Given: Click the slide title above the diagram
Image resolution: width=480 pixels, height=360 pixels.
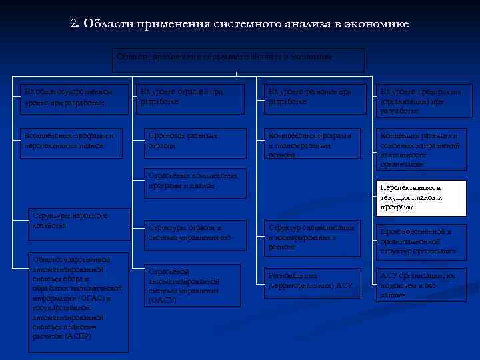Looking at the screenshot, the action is pyautogui.click(x=239, y=24).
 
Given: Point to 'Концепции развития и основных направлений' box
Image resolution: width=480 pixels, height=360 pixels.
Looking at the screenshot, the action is pyautogui.click(x=421, y=149).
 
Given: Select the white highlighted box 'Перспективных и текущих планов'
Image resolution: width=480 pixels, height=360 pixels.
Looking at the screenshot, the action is pyautogui.click(x=421, y=198).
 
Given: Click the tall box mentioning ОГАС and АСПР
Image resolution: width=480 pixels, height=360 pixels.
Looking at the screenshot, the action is pyautogui.click(x=78, y=303).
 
